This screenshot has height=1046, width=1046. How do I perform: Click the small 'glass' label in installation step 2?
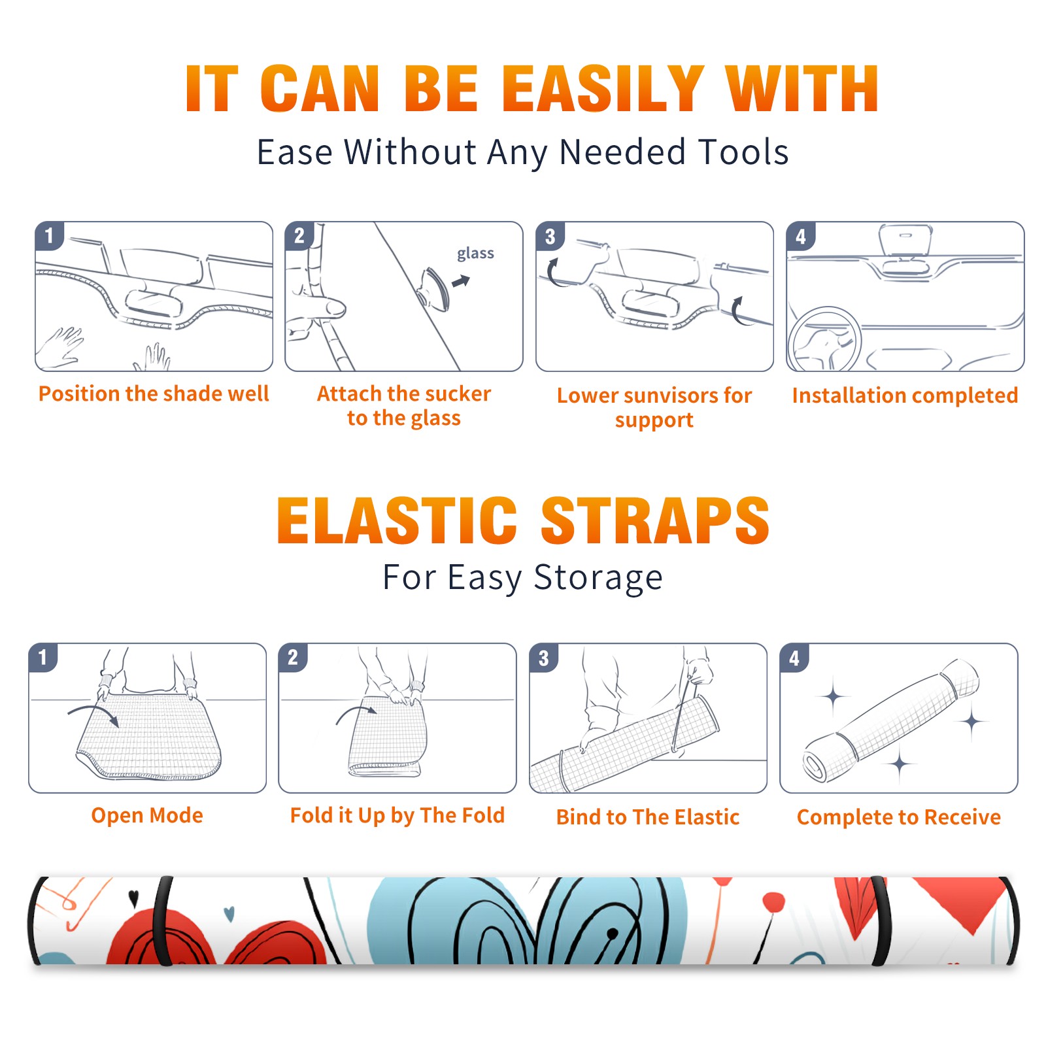tap(475, 254)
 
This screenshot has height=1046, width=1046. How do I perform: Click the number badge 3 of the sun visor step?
tap(550, 236)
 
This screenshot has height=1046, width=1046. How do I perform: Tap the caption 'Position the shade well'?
tap(154, 394)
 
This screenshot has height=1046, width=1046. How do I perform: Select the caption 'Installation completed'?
tap(905, 396)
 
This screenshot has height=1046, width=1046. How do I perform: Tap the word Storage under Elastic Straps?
tap(598, 578)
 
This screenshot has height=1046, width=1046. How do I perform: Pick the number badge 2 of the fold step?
tap(293, 658)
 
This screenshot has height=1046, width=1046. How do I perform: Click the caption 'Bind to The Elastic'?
tap(648, 817)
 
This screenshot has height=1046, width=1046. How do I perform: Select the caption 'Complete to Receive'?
tap(899, 817)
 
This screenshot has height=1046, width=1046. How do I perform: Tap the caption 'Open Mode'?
tap(147, 815)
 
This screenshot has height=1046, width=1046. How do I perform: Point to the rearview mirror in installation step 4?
tap(905, 240)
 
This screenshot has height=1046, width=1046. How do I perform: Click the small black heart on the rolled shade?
tap(134, 899)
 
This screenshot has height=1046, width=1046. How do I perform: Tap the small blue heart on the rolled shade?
tap(229, 913)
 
